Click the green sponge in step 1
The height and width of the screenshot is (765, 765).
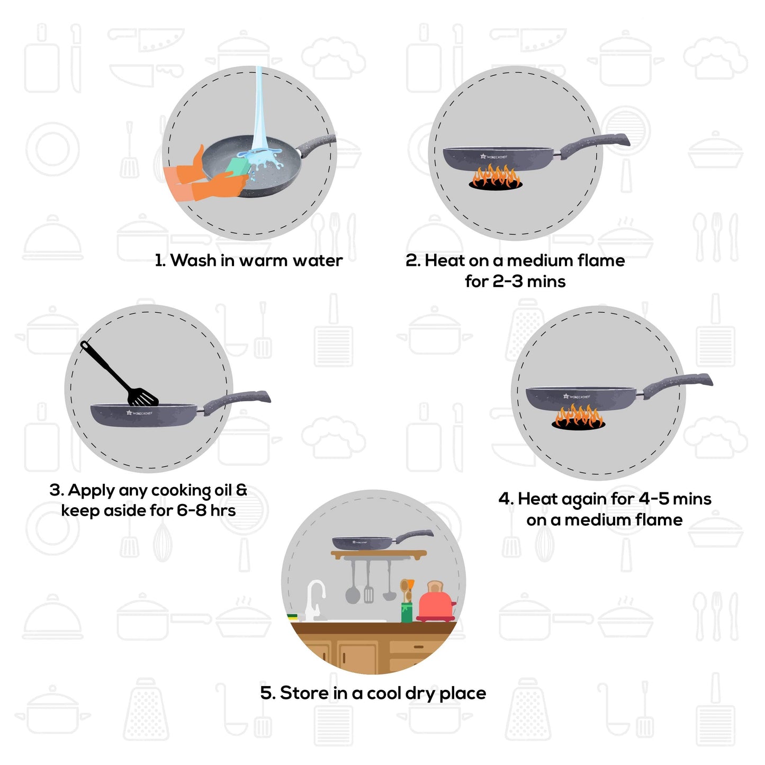[237, 167]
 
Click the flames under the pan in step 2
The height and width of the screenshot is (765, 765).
[496, 176]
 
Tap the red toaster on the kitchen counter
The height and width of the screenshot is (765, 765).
[435, 604]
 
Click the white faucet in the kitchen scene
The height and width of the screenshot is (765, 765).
[316, 598]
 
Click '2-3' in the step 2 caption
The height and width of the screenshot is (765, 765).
[507, 281]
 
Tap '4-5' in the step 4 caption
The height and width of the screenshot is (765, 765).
[653, 499]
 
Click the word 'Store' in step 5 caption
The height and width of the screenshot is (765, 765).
[304, 693]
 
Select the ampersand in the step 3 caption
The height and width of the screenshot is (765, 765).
[241, 490]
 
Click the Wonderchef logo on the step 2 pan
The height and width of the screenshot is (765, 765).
[493, 157]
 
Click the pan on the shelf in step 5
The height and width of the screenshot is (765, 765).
[365, 542]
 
